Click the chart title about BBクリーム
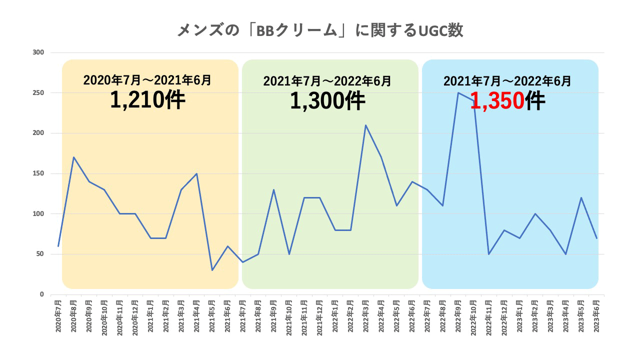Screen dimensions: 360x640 [x=320, y=30]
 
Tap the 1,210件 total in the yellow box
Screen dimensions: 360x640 [x=147, y=100]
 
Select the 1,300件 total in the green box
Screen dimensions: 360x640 [x=327, y=101]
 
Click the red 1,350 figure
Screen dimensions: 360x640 [x=497, y=102]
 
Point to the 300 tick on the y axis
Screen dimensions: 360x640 [x=38, y=52]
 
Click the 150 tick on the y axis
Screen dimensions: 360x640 [x=38, y=173]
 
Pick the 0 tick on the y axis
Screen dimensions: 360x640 [x=42, y=294]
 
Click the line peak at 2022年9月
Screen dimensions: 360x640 [x=458, y=92]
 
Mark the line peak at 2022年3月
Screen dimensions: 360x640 [x=366, y=125]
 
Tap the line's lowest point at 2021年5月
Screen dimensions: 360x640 [x=212, y=270]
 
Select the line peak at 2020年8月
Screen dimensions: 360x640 [x=74, y=157]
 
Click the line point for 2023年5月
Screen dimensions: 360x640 [x=581, y=197]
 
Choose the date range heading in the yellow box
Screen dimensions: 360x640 [x=147, y=79]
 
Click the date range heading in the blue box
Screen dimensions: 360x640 [x=507, y=81]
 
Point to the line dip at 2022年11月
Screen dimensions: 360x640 [x=489, y=254]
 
